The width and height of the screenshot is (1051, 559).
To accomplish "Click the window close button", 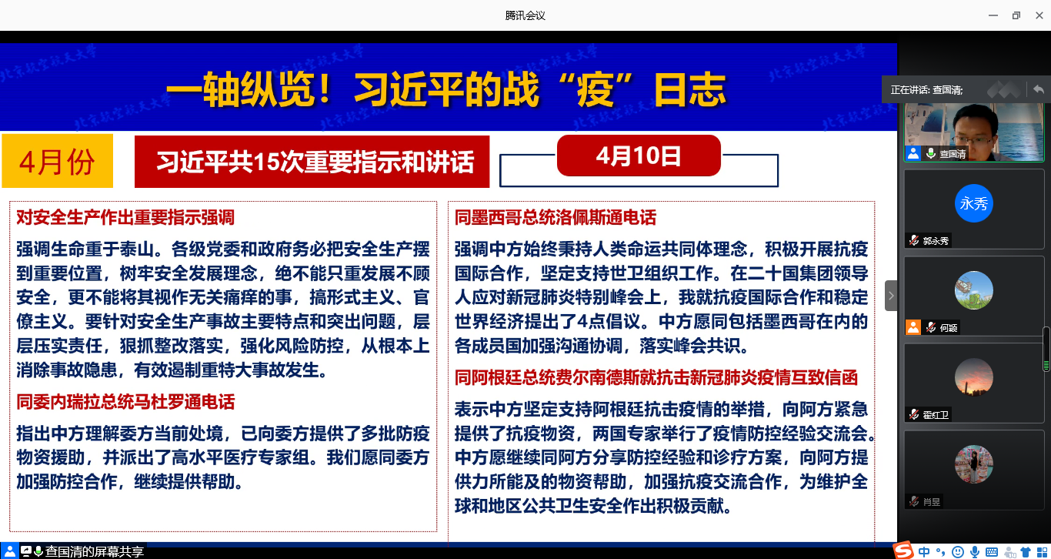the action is [x=1039, y=15].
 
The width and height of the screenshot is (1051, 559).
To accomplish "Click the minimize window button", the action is [x=993, y=15].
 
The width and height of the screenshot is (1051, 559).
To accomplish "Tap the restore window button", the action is [x=1016, y=15].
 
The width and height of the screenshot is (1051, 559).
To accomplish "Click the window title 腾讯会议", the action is [x=525, y=15].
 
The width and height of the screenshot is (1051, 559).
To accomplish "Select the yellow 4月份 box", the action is [x=57, y=161].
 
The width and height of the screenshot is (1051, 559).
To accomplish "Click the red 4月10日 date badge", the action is [x=639, y=156].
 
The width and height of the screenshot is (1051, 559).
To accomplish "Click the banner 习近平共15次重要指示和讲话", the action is [x=312, y=162].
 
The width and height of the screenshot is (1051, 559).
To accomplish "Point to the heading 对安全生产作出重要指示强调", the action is [x=125, y=218].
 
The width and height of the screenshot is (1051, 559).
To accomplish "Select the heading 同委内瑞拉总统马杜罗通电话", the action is [x=125, y=402].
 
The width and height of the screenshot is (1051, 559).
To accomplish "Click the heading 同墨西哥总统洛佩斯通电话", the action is [x=555, y=218].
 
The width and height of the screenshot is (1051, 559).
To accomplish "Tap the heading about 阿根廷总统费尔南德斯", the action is [x=656, y=378].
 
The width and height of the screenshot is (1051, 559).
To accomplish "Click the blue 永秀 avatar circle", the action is [x=974, y=203].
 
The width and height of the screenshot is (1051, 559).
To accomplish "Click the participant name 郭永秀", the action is [x=936, y=241].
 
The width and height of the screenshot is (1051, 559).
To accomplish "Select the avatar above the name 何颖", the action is [x=974, y=290].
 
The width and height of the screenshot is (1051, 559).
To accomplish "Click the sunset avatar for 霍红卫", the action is [x=974, y=377].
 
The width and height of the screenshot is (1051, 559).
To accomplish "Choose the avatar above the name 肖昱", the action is [x=974, y=464].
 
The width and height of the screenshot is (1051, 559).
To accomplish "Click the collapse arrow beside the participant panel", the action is [x=891, y=296].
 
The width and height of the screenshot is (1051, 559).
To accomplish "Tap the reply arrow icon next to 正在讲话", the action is [x=1039, y=89].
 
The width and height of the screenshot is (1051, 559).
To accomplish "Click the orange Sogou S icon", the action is [x=903, y=551].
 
